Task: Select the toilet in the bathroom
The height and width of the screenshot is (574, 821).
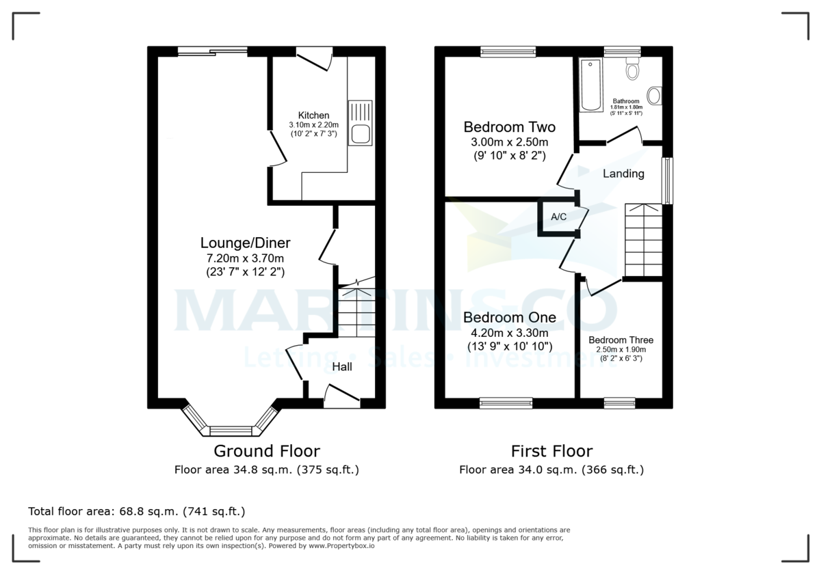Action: click(x=631, y=69)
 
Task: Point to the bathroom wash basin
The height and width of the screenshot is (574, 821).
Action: click(x=655, y=96)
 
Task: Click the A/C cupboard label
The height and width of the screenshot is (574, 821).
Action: click(x=558, y=217)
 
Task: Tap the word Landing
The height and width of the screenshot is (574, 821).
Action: click(x=623, y=174)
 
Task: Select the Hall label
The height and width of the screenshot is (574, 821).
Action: click(x=342, y=367)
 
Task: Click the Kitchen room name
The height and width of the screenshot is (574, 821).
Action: click(x=313, y=115)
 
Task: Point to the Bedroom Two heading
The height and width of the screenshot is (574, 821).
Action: click(x=509, y=127)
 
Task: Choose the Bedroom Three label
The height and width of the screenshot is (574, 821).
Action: click(x=621, y=340)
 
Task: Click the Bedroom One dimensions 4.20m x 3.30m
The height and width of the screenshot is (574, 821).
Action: click(x=509, y=333)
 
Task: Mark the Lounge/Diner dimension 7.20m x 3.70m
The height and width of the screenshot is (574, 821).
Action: click(x=245, y=258)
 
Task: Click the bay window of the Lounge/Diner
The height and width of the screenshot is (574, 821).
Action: click(x=230, y=430)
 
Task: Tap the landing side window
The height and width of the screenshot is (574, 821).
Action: click(x=668, y=180)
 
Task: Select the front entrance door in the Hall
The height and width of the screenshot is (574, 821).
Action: click(x=341, y=396)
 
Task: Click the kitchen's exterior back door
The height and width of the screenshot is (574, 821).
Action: click(x=315, y=57)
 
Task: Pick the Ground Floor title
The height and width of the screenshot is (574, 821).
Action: click(x=266, y=451)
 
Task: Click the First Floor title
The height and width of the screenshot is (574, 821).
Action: click(x=551, y=451)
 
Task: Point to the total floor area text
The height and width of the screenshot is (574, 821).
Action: click(x=136, y=511)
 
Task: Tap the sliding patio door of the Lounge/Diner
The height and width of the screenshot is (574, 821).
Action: click(x=212, y=50)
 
